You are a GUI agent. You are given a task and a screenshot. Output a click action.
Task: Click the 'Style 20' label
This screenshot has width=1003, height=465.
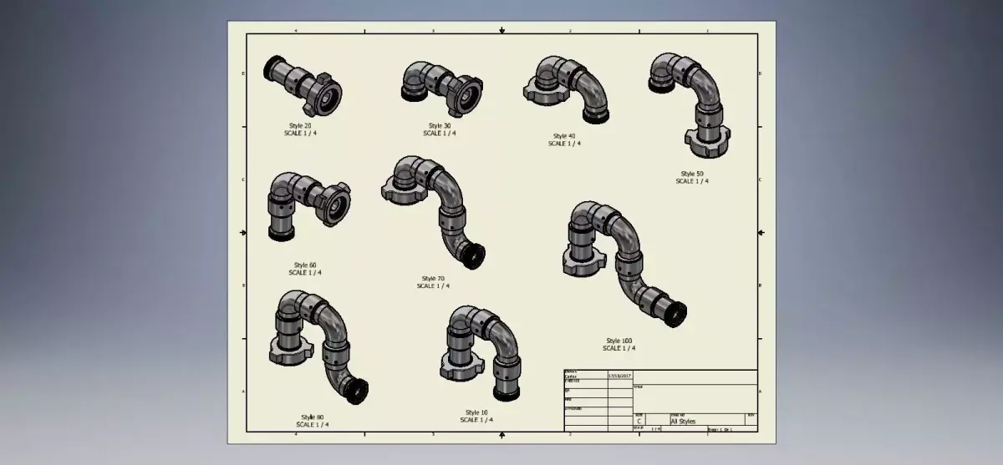pos(300,126)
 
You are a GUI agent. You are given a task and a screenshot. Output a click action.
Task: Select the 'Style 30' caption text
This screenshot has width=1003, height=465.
pos(440,126)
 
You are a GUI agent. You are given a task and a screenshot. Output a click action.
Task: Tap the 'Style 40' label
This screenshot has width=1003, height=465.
pos(564,136)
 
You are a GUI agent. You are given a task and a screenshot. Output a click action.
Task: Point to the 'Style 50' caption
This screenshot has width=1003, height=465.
pos(692,174)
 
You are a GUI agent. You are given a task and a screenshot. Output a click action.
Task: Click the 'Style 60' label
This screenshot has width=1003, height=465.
pos(305,265)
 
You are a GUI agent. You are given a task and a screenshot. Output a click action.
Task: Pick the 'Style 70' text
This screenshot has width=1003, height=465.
pos(433,279)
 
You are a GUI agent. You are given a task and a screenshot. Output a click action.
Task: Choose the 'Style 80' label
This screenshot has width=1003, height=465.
pos(313,417)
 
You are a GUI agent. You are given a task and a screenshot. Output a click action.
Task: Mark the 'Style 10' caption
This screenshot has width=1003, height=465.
pos(476,412)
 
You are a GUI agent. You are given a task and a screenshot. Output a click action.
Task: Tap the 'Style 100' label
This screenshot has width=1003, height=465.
pos(619,341)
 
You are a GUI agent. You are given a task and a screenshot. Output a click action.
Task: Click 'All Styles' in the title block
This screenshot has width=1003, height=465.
pos(683,422)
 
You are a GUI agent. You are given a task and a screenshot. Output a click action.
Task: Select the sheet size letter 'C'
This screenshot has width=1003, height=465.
pos(639,422)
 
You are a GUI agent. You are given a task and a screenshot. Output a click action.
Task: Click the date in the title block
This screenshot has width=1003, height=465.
pos(619,377)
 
